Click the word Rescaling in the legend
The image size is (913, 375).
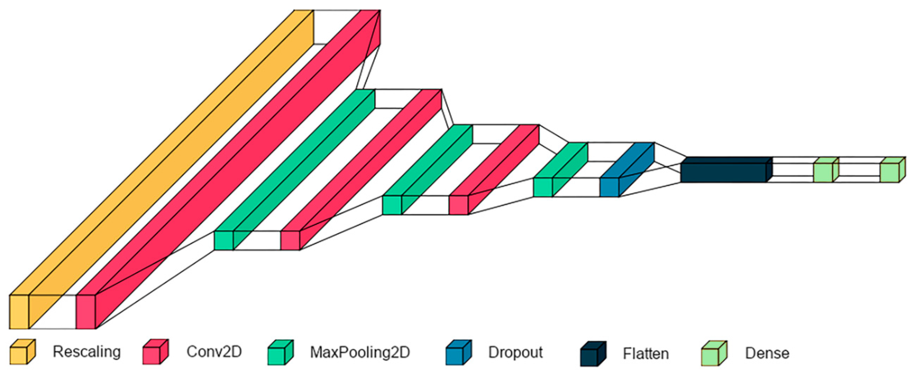87,352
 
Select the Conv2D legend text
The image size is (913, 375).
214,352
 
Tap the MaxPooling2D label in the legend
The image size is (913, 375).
360,352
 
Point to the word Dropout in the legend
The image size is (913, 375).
515,352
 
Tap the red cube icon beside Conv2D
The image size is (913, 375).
155,352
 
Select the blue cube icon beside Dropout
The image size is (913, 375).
458,353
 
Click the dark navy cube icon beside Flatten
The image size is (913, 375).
592,354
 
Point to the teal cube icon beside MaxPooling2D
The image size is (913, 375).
280,353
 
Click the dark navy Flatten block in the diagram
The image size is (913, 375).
723,173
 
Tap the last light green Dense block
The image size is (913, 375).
889,173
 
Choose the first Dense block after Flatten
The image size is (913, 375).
823,173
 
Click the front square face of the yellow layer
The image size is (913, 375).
19,311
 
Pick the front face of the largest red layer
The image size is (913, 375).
86,311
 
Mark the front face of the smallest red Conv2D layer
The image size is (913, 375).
458,205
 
